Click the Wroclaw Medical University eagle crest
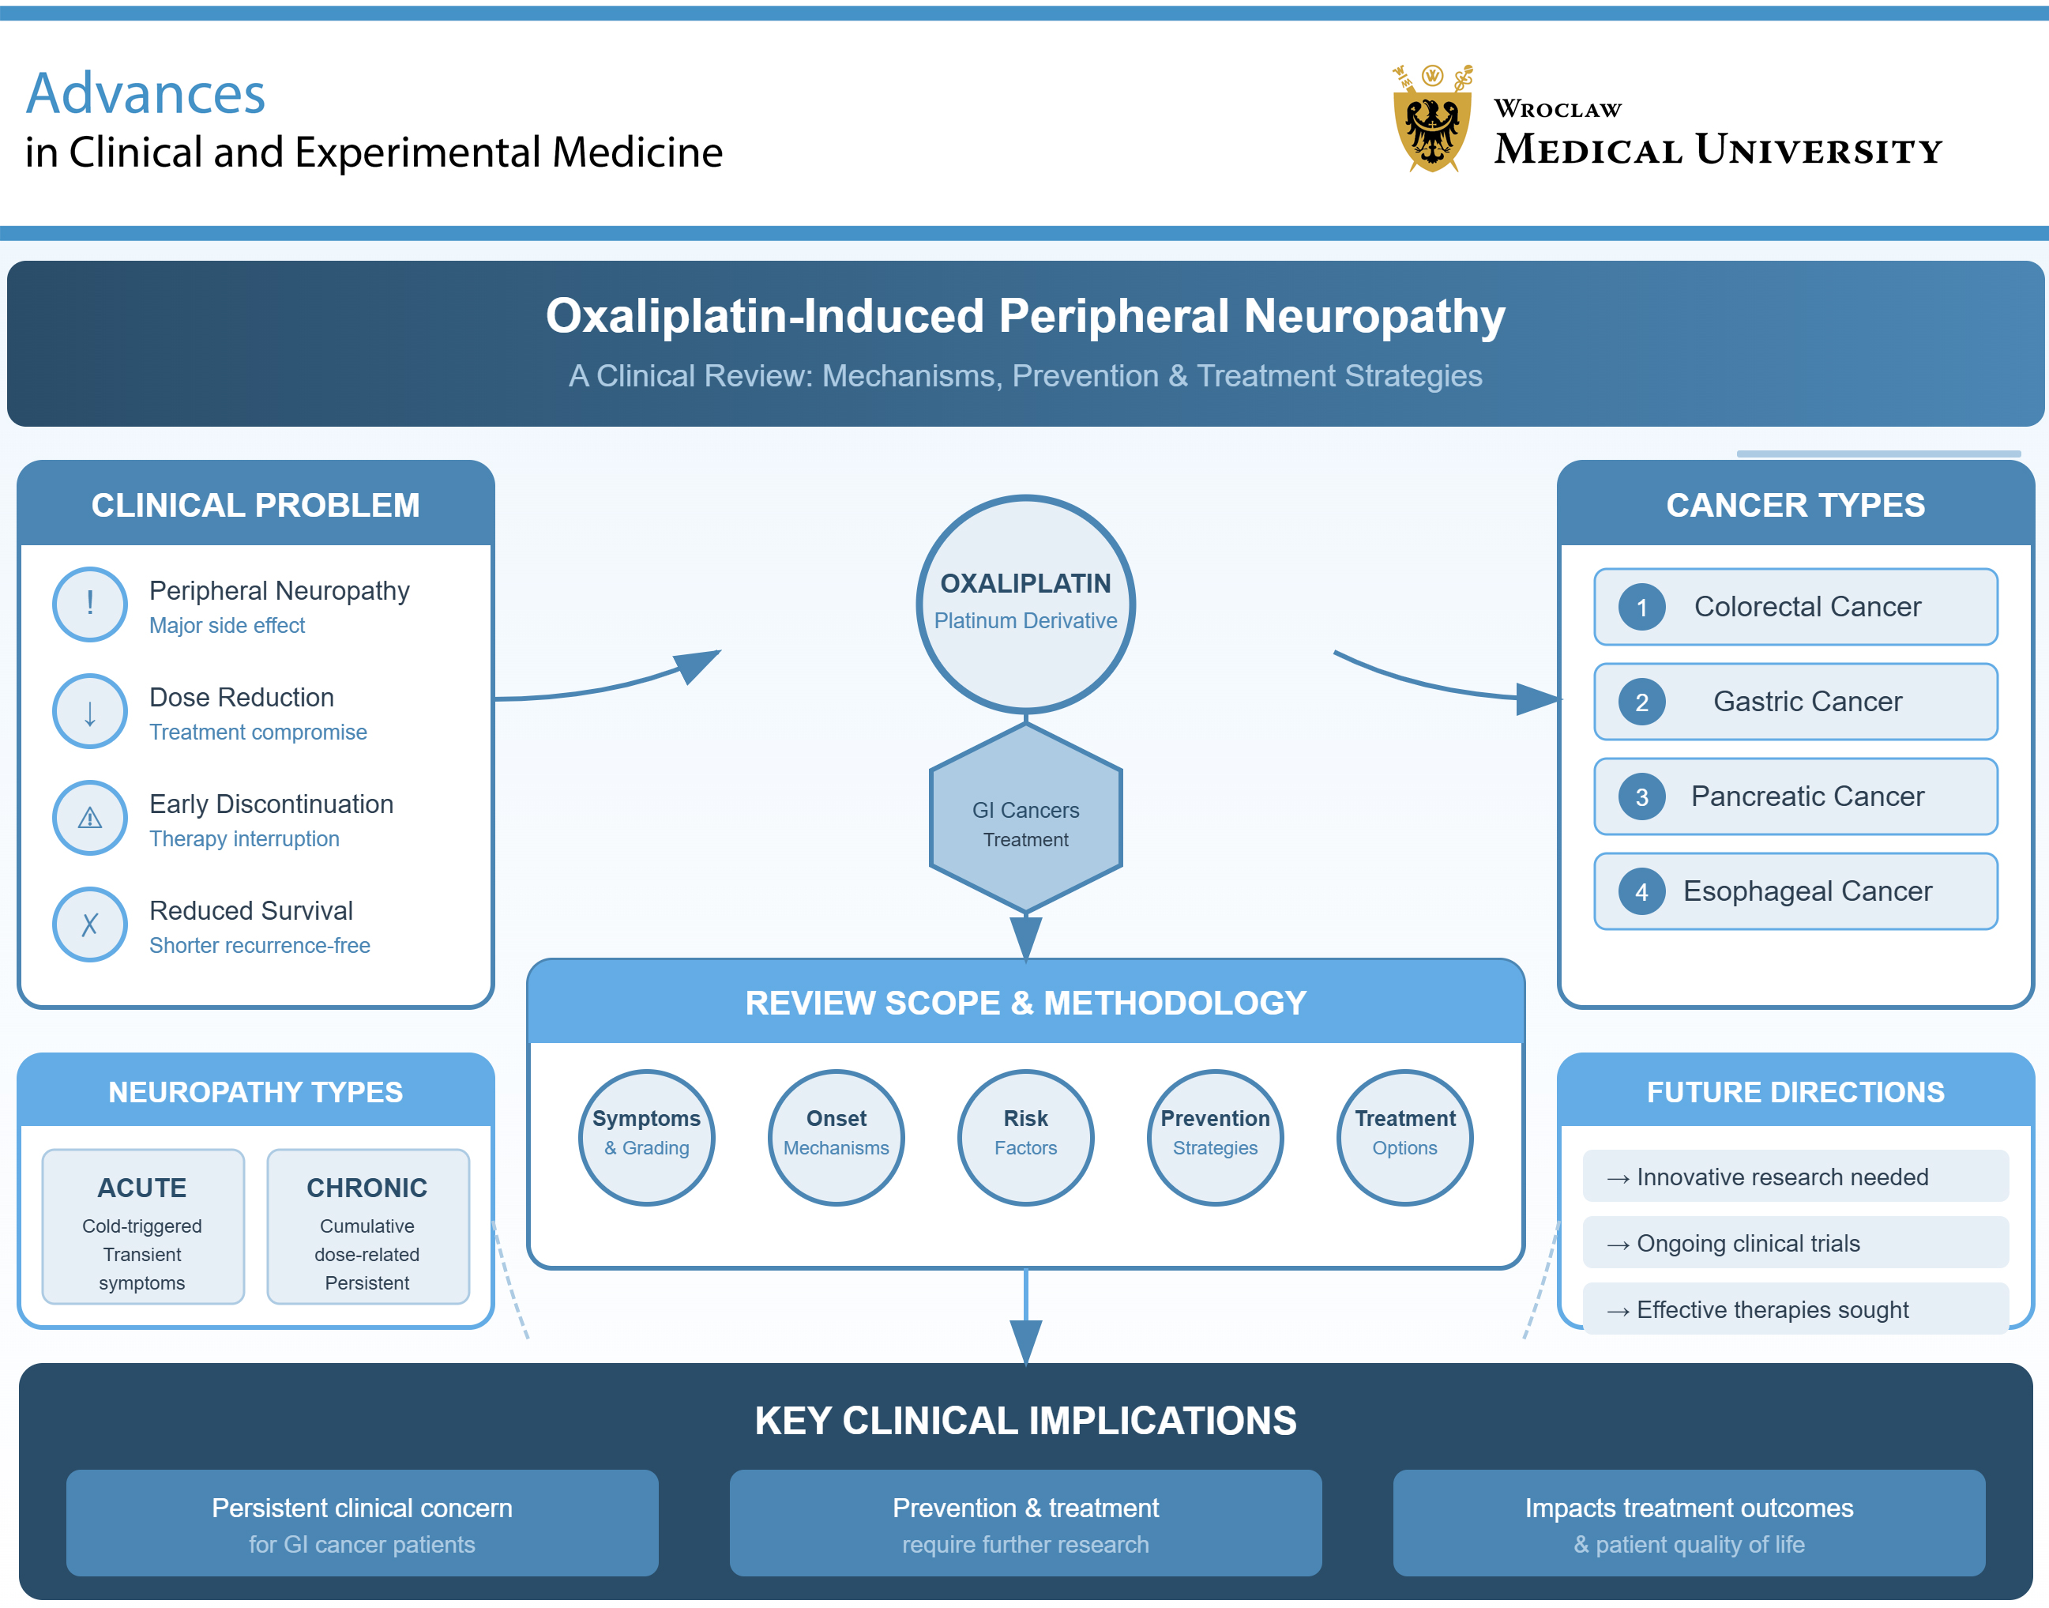tap(1431, 119)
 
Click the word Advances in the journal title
tap(146, 94)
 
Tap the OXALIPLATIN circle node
tap(1025, 603)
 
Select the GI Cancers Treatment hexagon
tap(1025, 817)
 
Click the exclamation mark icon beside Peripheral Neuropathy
tap(89, 604)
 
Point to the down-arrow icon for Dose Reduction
tap(89, 711)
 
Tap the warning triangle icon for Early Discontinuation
tap(89, 817)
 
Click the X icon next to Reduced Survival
tap(89, 924)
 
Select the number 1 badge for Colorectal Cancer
tap(1641, 607)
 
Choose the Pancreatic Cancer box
tap(1795, 796)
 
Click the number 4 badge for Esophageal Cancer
tap(1641, 891)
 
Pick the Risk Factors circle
tap(1025, 1136)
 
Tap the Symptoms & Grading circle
tap(647, 1136)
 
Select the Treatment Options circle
tap(1404, 1136)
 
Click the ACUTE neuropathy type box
tap(142, 1226)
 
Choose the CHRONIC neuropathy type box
tap(367, 1226)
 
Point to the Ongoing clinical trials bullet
tap(1794, 1243)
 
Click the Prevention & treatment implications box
tap(1025, 1523)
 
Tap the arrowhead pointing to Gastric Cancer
tap(1538, 699)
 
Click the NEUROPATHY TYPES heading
tap(255, 1092)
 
